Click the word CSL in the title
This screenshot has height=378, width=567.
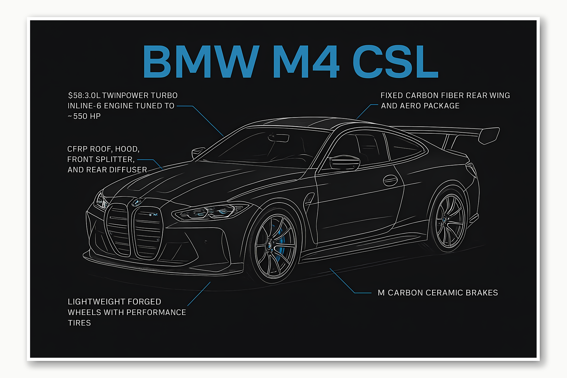[395, 61]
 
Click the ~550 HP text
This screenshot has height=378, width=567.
[84, 117]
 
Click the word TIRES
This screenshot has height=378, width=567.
[79, 323]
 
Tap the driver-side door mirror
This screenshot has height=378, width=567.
[344, 163]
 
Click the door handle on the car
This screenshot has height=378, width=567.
[390, 180]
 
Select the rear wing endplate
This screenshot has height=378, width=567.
[489, 135]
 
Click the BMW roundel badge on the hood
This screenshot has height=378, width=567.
[137, 202]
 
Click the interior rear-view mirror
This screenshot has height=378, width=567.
[279, 138]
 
